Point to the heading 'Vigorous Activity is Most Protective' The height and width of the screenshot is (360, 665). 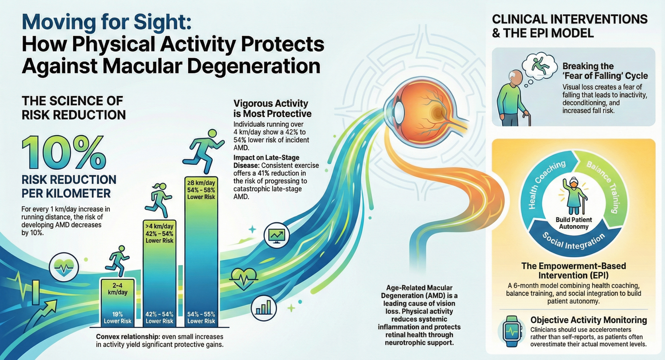pos(272,108)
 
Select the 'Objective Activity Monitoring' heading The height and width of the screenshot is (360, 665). pos(588,320)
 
